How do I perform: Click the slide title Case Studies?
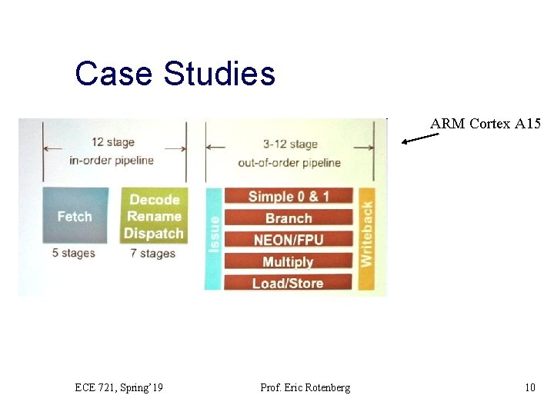[x=175, y=74]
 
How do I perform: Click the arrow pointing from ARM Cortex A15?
[x=420, y=138]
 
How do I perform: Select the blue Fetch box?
[x=75, y=216]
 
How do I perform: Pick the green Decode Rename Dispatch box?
[x=154, y=216]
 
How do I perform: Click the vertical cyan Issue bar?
[x=213, y=237]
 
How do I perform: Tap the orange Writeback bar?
[x=366, y=237]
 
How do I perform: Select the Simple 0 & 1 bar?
[x=288, y=196]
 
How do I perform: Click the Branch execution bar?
[x=288, y=218]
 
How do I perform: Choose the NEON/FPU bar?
[x=288, y=240]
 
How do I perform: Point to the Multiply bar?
[x=288, y=261]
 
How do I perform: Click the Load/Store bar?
[x=288, y=283]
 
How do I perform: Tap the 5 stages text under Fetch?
[x=74, y=253]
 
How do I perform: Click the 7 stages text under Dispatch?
[x=153, y=253]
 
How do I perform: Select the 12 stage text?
[x=113, y=142]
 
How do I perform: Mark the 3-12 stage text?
[x=289, y=144]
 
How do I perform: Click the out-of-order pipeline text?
[x=289, y=162]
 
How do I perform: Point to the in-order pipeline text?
[x=112, y=160]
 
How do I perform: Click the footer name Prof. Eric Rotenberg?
[x=305, y=387]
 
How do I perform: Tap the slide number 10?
[x=529, y=387]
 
